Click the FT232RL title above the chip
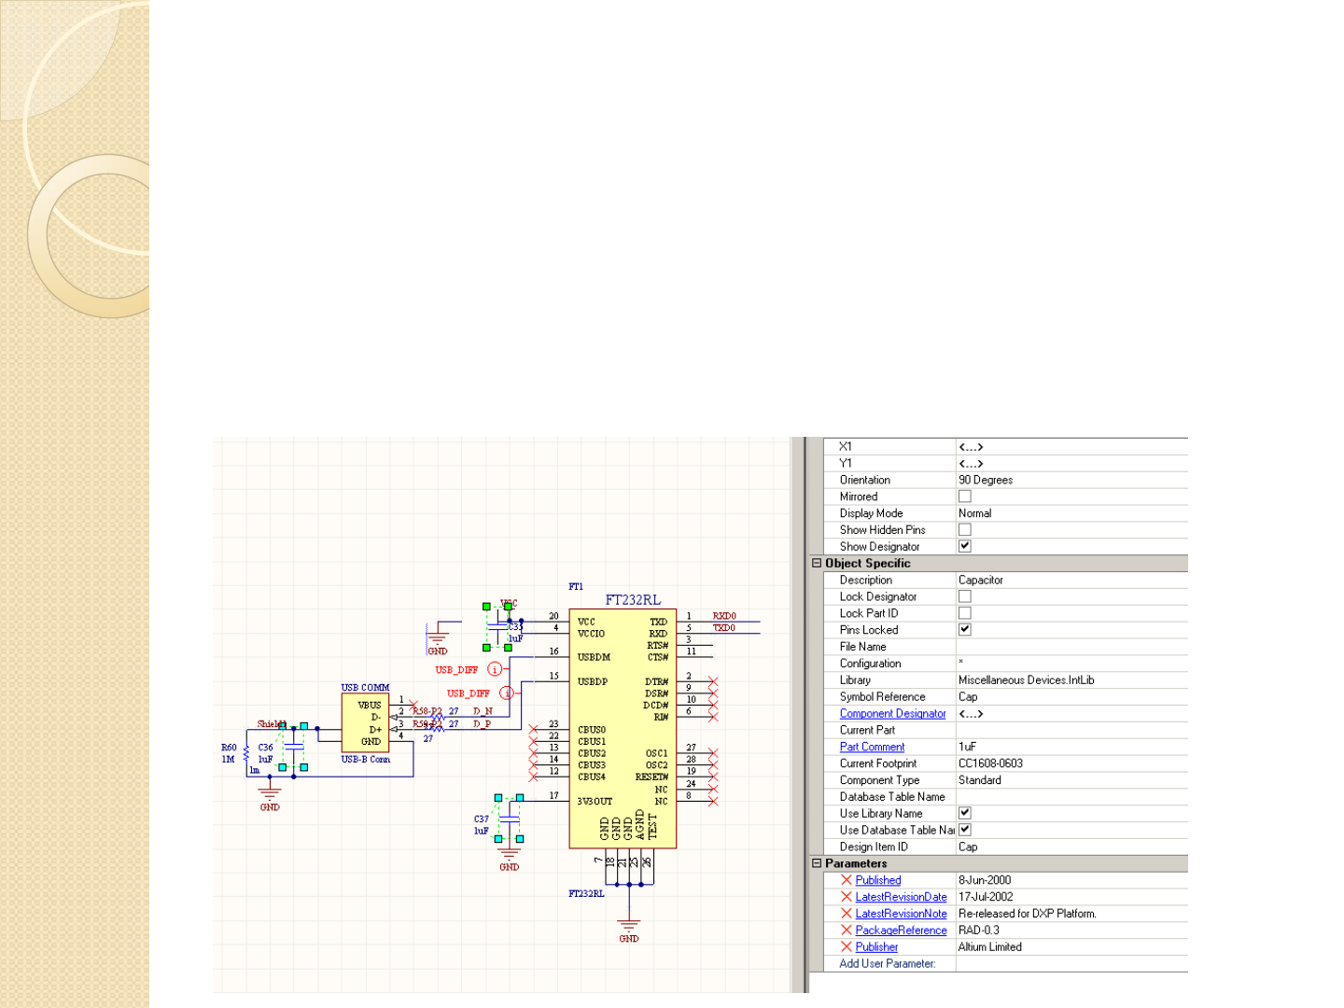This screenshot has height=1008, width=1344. tap(633, 600)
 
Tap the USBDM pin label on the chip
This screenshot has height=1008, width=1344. tap(594, 657)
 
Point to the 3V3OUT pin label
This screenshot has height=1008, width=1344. tap(595, 801)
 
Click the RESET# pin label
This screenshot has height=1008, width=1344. tap(651, 777)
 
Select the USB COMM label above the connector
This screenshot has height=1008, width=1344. tap(365, 688)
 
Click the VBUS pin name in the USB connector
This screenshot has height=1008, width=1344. tap(370, 705)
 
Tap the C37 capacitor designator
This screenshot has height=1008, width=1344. tap(482, 819)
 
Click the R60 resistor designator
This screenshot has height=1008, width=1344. tap(229, 748)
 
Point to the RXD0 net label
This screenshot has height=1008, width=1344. tap(724, 616)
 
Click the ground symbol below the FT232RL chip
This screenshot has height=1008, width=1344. tap(629, 926)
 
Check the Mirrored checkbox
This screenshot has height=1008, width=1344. tap(965, 497)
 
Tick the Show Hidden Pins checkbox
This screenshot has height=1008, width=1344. tap(965, 530)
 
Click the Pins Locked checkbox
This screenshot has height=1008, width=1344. tap(965, 630)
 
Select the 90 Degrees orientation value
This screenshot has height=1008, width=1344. tap(986, 480)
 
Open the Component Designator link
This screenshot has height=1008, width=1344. tap(892, 714)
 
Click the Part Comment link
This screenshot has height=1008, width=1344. tap(872, 747)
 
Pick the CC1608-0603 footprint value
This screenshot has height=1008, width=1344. tap(990, 763)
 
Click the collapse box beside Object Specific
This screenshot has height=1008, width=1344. tap(817, 563)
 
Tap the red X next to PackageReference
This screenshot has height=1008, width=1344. tap(847, 931)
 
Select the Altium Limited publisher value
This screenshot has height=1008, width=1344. tap(989, 946)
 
